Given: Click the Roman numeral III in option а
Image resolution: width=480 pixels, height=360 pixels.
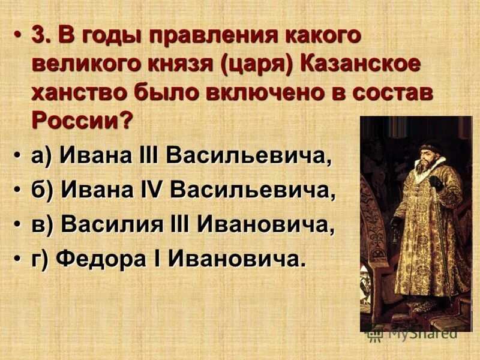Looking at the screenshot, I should [x=147, y=157].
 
